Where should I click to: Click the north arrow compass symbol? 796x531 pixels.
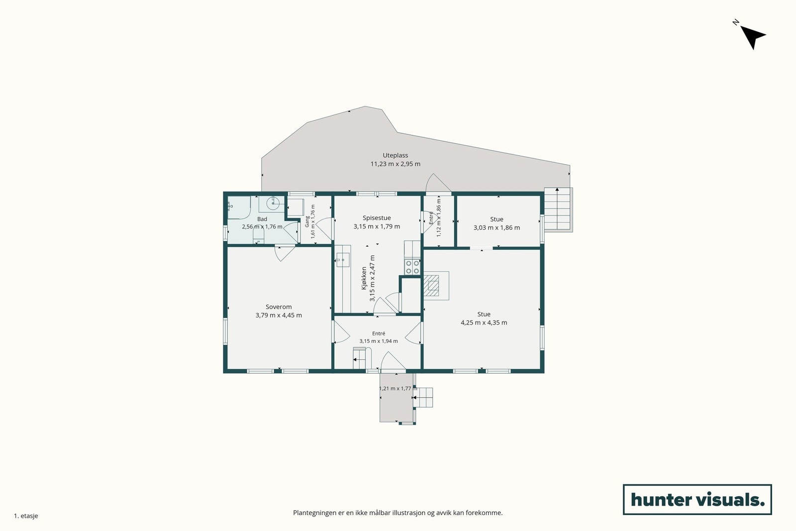click(752, 37)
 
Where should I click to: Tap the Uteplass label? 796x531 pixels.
click(395, 155)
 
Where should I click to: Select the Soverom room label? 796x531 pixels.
click(279, 307)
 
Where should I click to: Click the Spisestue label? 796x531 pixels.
click(377, 218)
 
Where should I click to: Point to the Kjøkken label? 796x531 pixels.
click(364, 278)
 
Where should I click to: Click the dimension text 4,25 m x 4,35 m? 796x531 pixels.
click(484, 322)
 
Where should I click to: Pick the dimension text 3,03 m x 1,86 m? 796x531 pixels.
click(497, 228)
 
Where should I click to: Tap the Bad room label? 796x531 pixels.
click(262, 219)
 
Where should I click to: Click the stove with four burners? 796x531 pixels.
click(412, 267)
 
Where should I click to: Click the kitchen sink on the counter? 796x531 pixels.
click(343, 260)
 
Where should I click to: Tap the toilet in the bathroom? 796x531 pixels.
click(258, 236)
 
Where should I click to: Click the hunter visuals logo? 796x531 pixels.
click(697, 499)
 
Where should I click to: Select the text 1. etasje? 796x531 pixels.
click(26, 516)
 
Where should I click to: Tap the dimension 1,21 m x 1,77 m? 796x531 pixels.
click(398, 389)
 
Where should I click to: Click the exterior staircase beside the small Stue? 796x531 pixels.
click(558, 210)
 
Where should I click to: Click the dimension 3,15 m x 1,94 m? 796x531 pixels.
click(379, 341)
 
